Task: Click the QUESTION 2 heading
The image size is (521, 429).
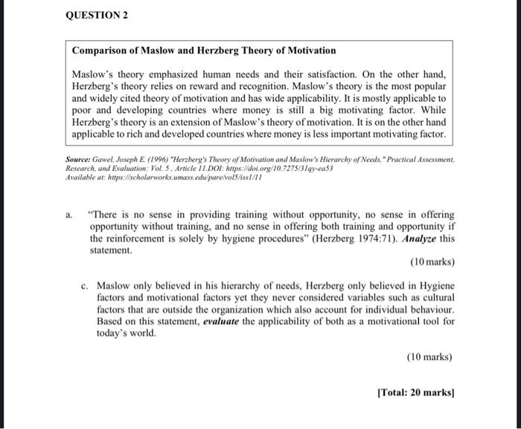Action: coord(98,16)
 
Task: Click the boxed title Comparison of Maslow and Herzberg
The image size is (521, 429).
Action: coord(203,51)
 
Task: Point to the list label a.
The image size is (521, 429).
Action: coord(69,216)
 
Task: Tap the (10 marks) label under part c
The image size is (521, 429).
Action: coord(430,357)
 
